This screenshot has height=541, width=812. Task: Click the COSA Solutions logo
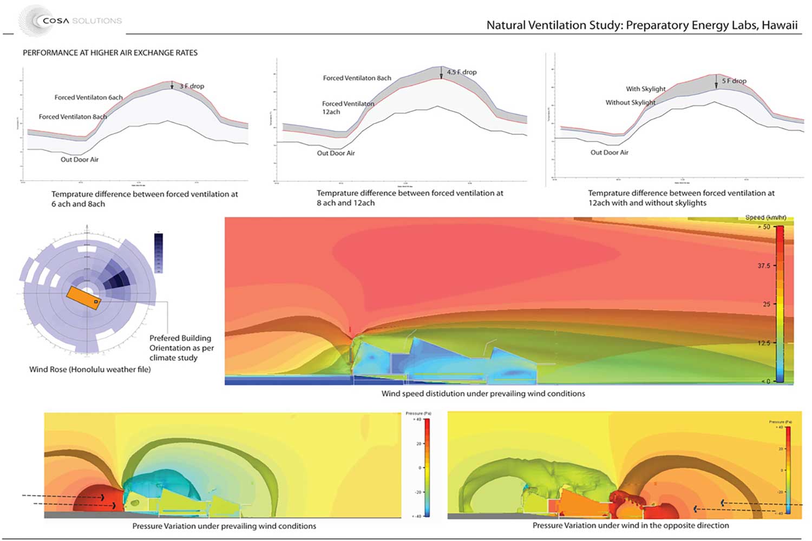(70, 21)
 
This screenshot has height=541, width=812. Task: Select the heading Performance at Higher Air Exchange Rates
(110, 52)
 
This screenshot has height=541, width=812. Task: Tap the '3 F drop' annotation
(192, 86)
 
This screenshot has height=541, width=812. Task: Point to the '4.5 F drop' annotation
(462, 72)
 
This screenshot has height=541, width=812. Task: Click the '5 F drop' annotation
(734, 81)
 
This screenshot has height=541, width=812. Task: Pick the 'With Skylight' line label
(646, 89)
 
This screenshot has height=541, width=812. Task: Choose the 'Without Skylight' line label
(630, 102)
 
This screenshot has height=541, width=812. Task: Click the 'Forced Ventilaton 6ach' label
(88, 97)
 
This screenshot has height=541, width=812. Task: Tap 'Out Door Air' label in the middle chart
(336, 153)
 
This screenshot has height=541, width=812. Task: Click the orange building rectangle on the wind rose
(84, 298)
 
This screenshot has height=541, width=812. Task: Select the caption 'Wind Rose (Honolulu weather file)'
(90, 370)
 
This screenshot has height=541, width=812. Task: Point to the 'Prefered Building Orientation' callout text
(181, 348)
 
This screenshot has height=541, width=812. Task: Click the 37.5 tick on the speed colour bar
(764, 266)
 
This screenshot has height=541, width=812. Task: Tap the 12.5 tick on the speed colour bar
(764, 343)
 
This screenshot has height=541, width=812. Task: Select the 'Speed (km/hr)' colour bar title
(765, 217)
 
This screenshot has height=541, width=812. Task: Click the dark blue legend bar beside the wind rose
(159, 252)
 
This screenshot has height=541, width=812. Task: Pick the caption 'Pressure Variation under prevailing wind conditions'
(224, 526)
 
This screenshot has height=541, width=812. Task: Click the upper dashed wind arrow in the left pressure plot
(62, 496)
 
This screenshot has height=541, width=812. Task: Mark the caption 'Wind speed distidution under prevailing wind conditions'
(483, 394)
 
